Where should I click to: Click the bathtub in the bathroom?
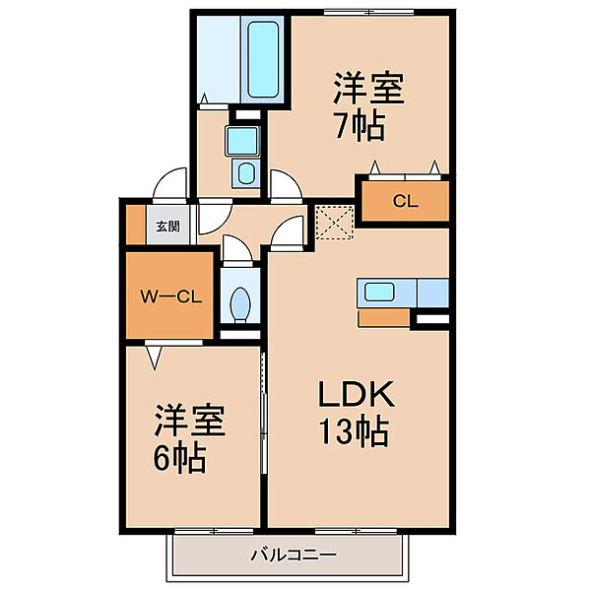pos(264,59)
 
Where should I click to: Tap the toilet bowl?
pos(240,304)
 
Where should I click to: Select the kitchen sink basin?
pos(379,292)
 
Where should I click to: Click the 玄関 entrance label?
pos(168,227)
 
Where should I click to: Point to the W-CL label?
pos(171,297)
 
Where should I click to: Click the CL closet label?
pos(405,201)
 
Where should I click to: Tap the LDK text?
pos(357,394)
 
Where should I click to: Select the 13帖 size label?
pos(354,430)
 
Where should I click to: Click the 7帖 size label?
pos(360,124)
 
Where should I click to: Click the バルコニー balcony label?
pos(294,555)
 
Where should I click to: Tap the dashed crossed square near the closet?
pos(335,223)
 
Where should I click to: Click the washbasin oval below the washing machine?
pos(246,173)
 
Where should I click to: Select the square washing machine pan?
pos(242,141)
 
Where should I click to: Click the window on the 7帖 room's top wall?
pos(368,13)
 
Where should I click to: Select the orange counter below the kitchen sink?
pos(384,318)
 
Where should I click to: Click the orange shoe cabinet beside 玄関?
pos(136,225)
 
